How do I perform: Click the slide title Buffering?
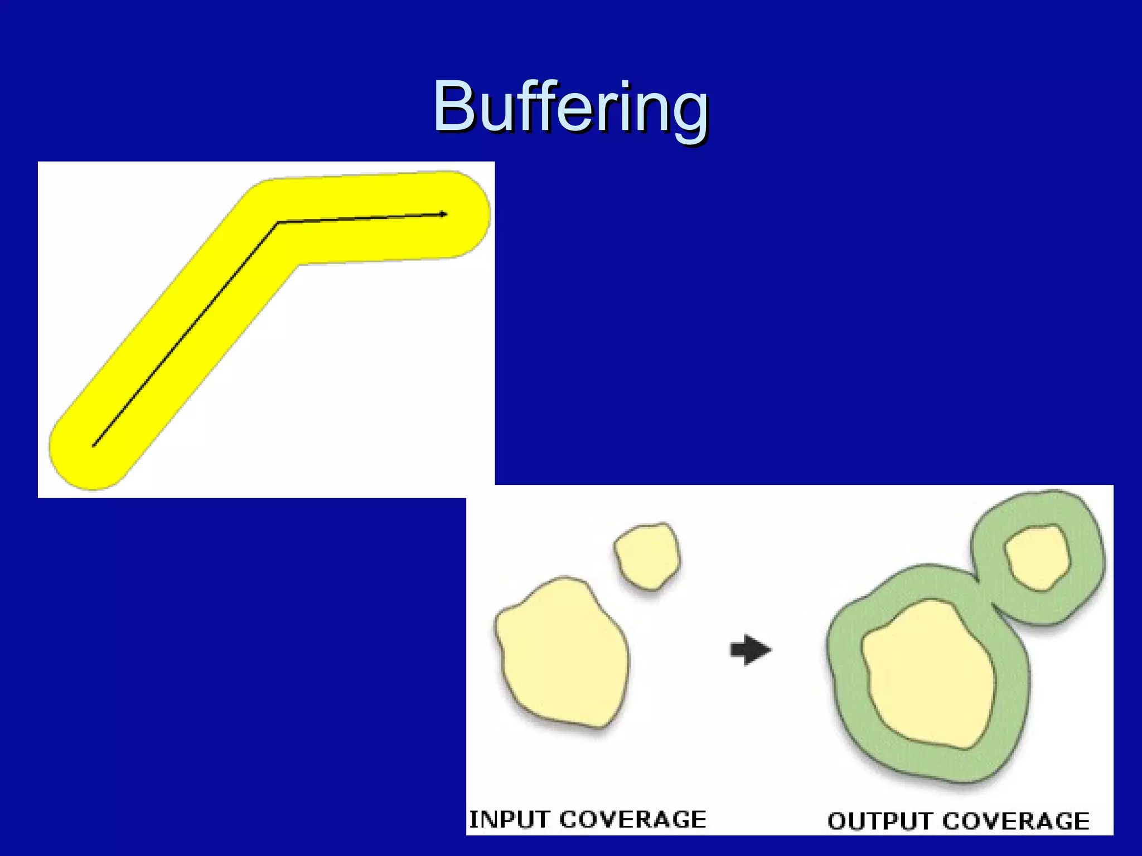[x=570, y=107]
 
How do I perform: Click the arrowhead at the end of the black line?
[x=443, y=214]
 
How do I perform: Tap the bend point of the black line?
[x=278, y=222]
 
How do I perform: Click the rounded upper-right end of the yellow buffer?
[x=472, y=214]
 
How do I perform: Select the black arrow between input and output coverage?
[x=751, y=650]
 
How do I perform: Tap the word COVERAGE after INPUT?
[x=632, y=820]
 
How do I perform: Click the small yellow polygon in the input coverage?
[x=647, y=556]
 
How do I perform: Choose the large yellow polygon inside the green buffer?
[x=928, y=674]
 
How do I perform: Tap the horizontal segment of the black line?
[x=362, y=218]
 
